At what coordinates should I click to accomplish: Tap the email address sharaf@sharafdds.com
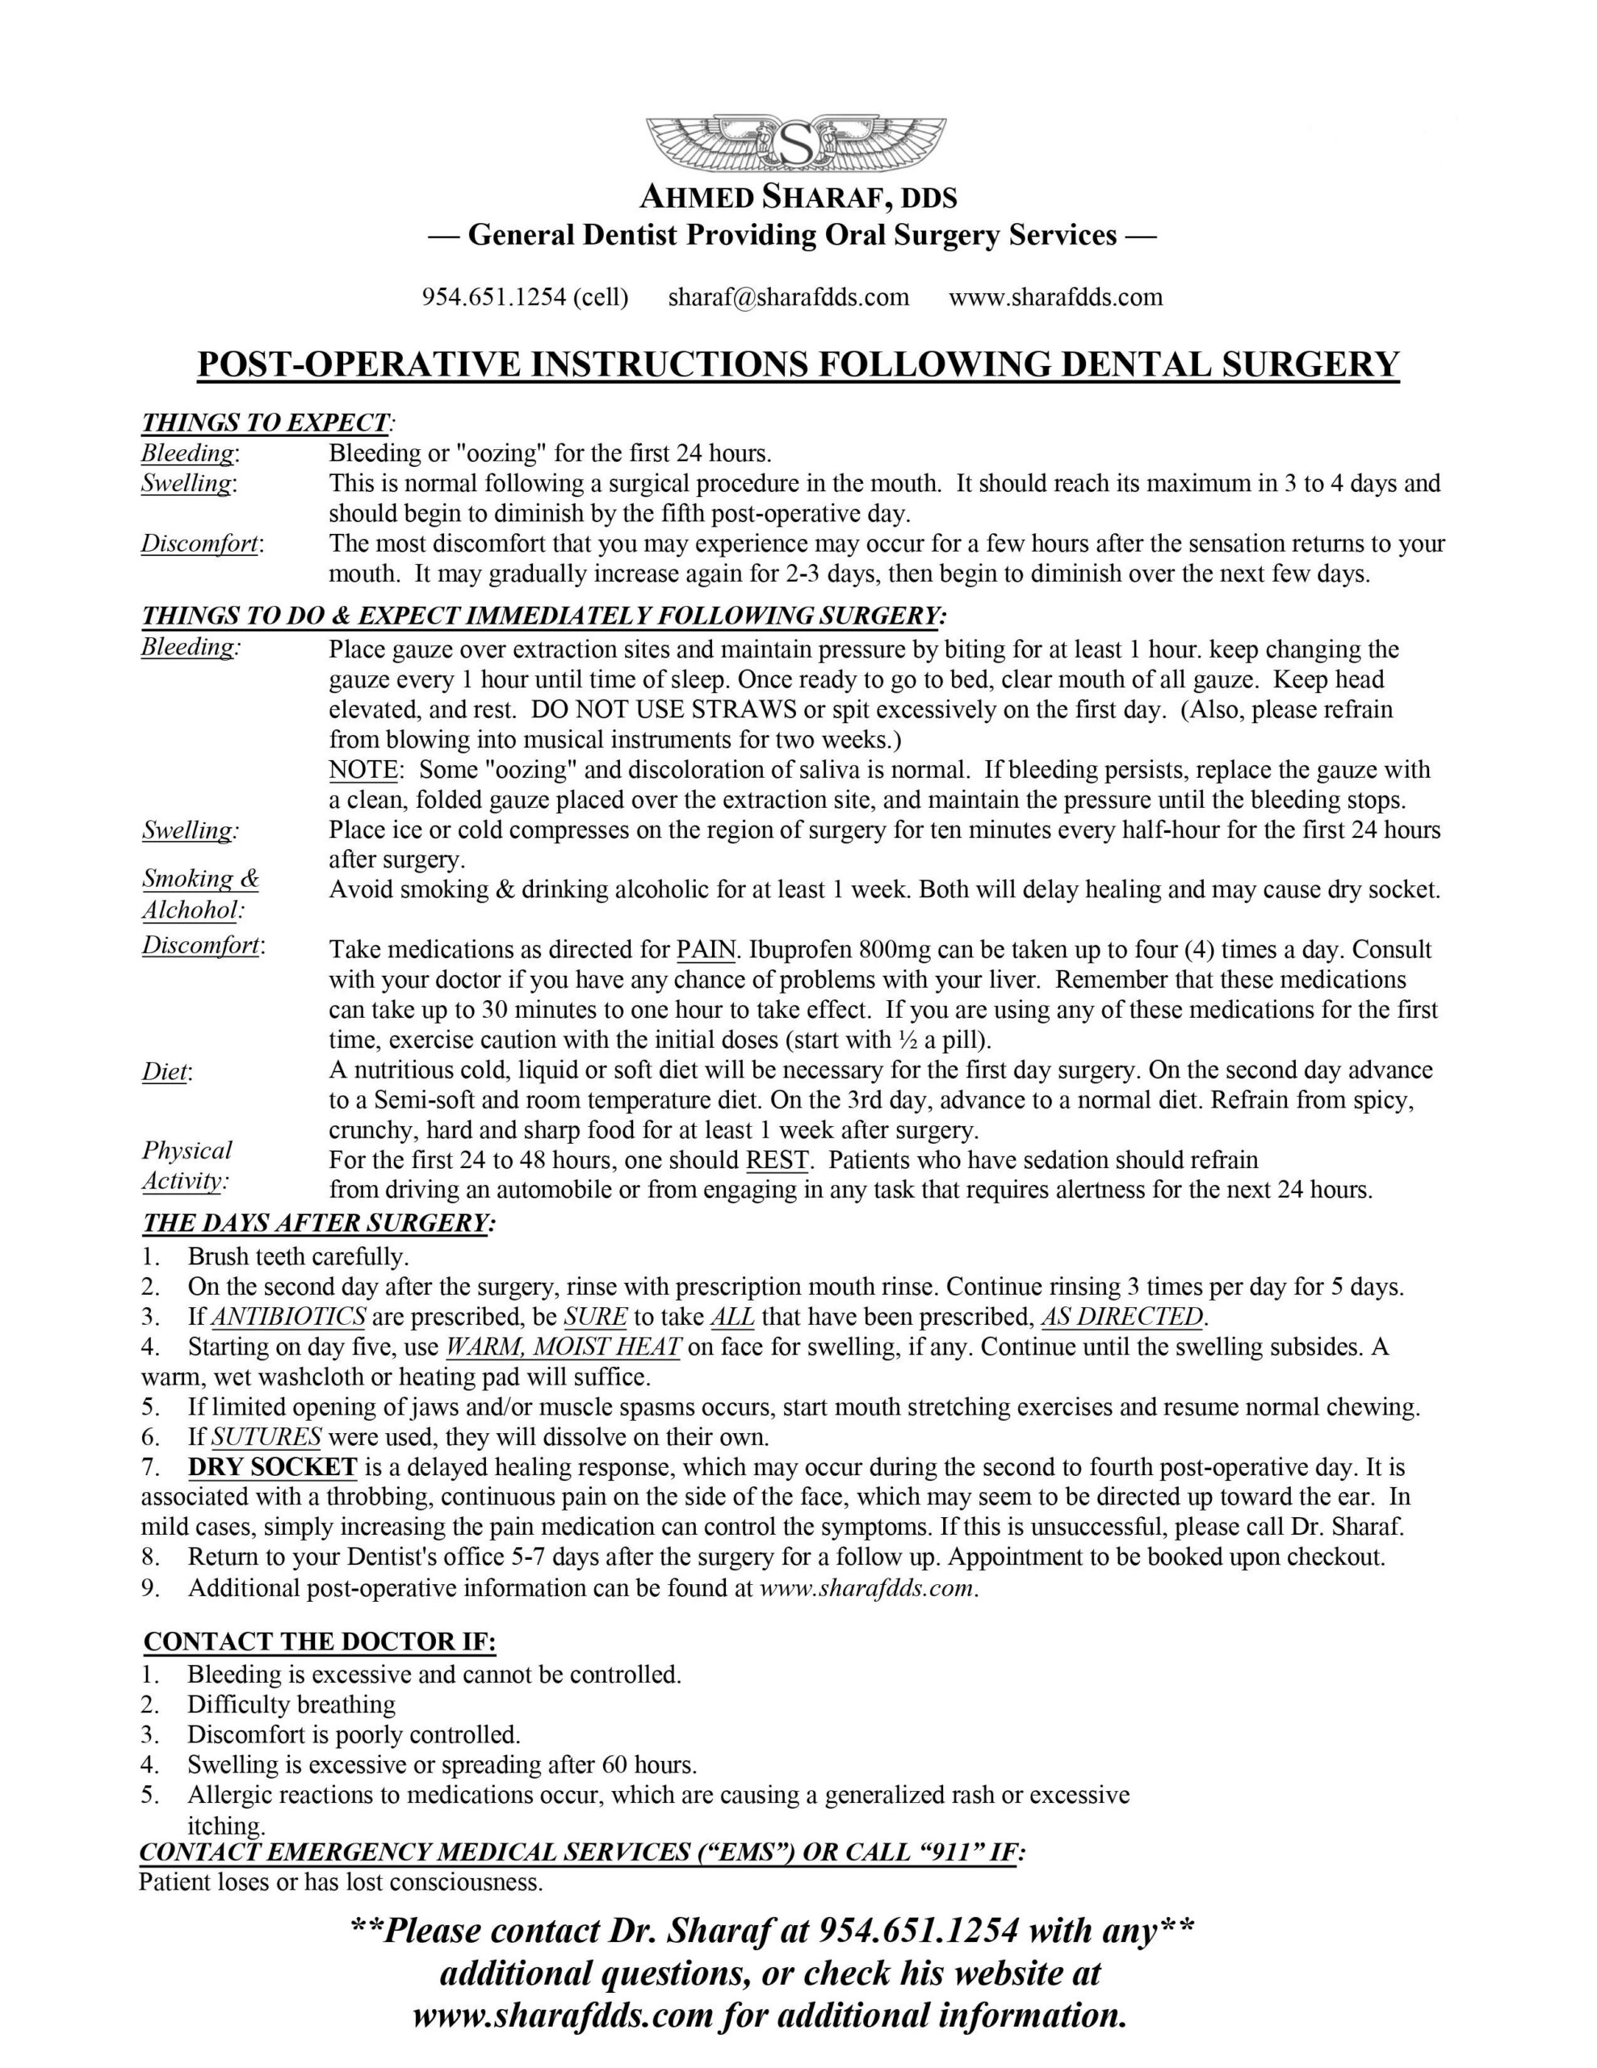click(788, 297)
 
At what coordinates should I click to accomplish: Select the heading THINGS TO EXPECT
click(265, 422)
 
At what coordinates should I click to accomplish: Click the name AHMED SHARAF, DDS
click(798, 198)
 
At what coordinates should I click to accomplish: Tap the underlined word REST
click(778, 1160)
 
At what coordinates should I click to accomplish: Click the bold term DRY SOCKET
click(273, 1468)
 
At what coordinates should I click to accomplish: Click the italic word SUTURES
click(266, 1437)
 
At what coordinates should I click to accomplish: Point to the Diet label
click(165, 1072)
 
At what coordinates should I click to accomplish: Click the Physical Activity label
click(187, 1166)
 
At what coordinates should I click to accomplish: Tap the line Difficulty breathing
click(291, 1704)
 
